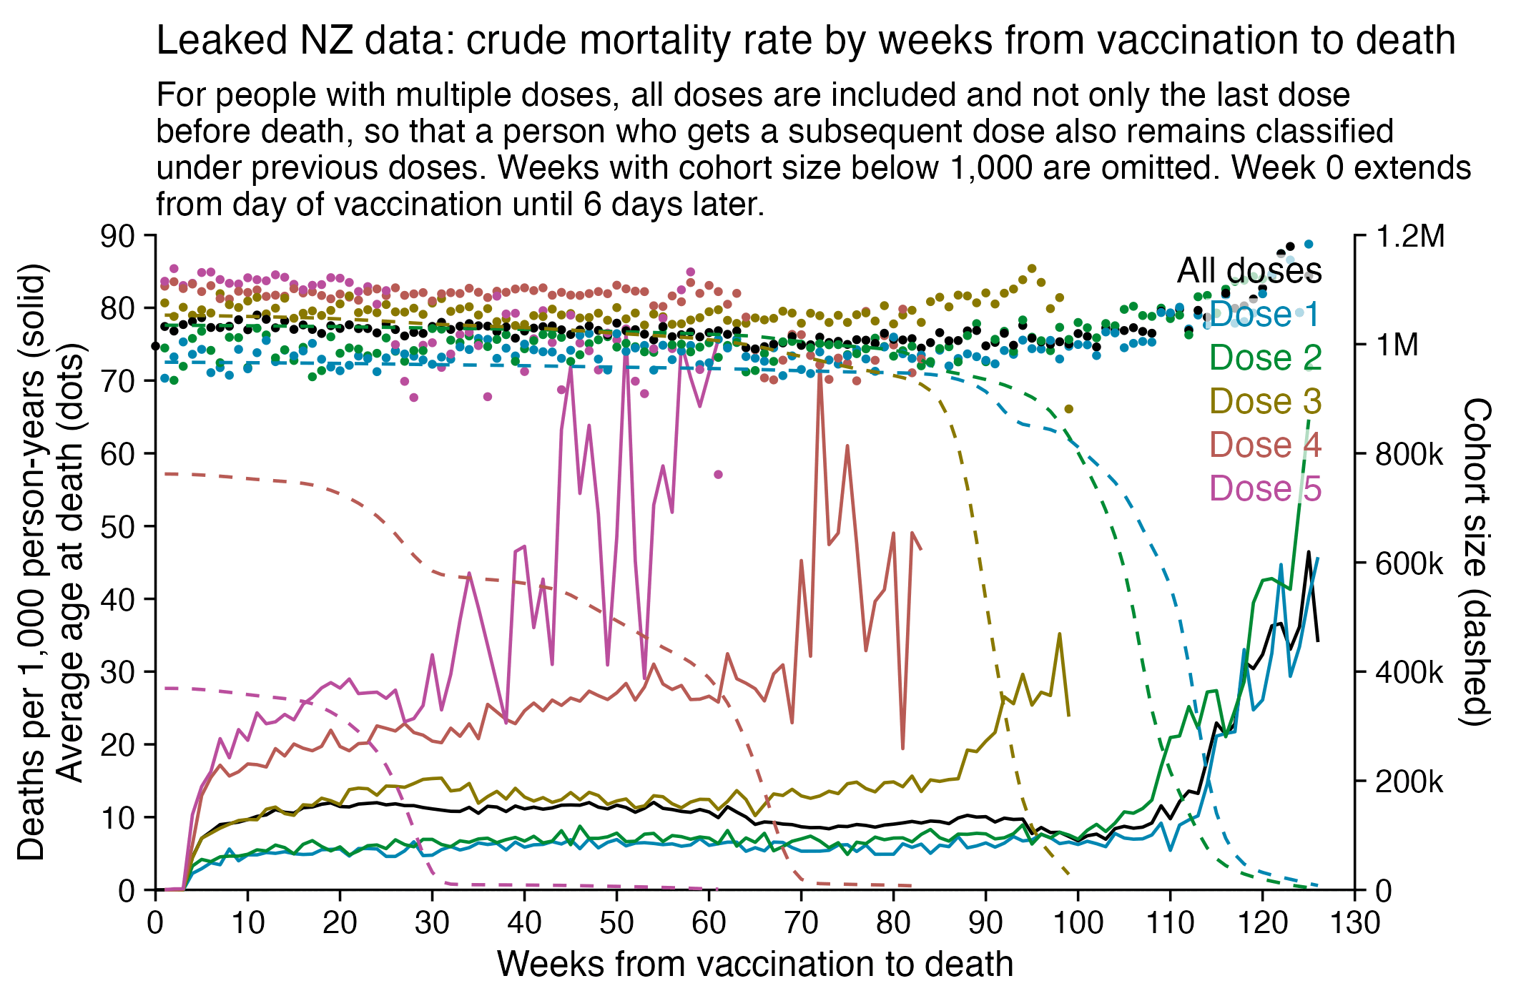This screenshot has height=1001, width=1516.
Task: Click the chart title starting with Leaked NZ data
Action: [805, 40]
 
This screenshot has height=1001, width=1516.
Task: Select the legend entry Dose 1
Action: [1264, 315]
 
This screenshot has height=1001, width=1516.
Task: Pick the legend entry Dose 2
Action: [1264, 358]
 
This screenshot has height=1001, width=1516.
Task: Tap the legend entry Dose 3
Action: [1264, 402]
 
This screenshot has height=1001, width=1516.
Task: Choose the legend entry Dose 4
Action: [1264, 445]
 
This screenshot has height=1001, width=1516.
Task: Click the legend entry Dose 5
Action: [1264, 489]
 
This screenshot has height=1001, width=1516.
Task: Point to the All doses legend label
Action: [1249, 271]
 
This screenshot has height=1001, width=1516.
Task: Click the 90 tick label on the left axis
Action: [118, 236]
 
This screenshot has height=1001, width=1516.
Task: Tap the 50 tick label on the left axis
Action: [118, 527]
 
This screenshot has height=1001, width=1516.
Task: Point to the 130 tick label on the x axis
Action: [1354, 923]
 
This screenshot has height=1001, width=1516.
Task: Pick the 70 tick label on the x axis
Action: [801, 923]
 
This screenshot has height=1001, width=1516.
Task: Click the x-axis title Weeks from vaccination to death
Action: [754, 965]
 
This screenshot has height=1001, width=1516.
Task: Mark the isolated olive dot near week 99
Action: [1068, 409]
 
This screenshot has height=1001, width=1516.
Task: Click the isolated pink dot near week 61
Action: [719, 474]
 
